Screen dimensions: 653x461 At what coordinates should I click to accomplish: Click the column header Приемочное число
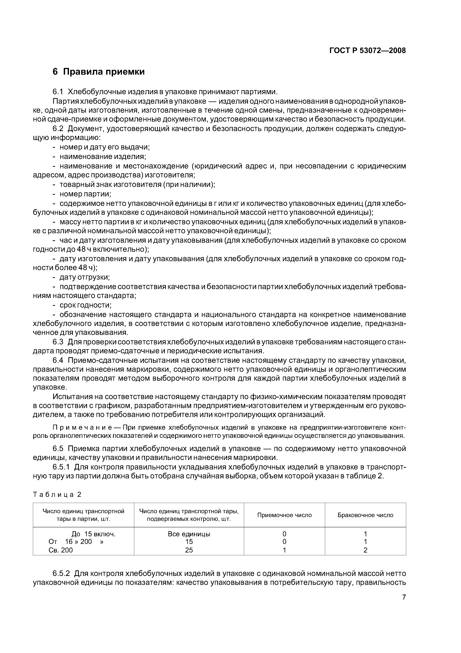[284, 515]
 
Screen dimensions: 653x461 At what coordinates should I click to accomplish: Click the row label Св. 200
[60, 550]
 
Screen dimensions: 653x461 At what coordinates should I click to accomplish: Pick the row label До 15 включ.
[94, 534]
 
